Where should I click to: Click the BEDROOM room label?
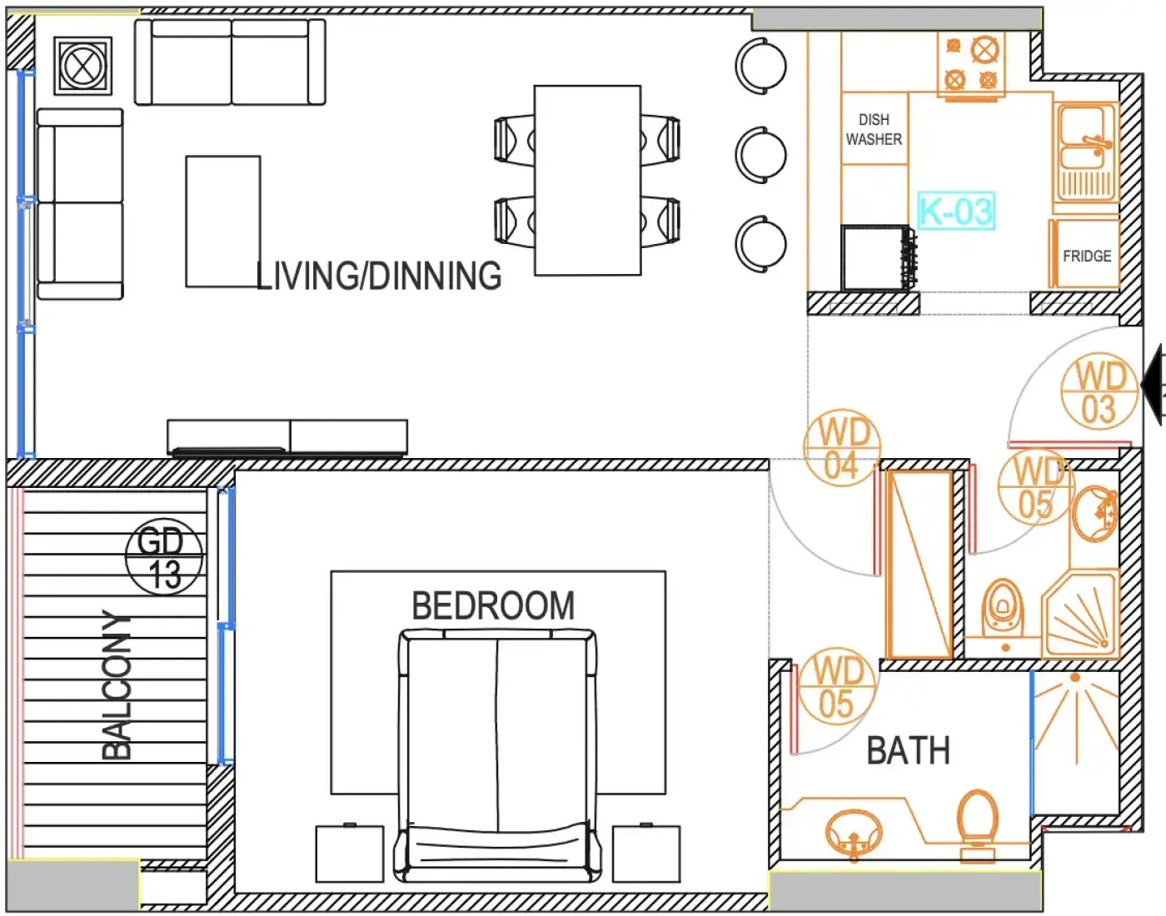pyautogui.click(x=493, y=606)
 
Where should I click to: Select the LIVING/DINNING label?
pyautogui.click(x=379, y=276)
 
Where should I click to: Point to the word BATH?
pyautogui.click(x=908, y=751)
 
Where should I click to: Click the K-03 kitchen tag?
pyautogui.click(x=956, y=211)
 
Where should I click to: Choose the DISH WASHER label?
pyautogui.click(x=874, y=129)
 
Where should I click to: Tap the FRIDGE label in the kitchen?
pyautogui.click(x=1087, y=256)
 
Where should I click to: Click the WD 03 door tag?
pyautogui.click(x=1099, y=392)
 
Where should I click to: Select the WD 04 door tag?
pyautogui.click(x=842, y=448)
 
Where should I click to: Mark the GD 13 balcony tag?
pyautogui.click(x=164, y=557)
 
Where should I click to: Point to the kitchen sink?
pyautogui.click(x=1086, y=152)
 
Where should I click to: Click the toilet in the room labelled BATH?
pyautogui.click(x=978, y=826)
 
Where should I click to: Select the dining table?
pyautogui.click(x=587, y=180)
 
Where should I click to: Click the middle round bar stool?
pyautogui.click(x=761, y=155)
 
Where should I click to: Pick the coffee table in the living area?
pyautogui.click(x=223, y=222)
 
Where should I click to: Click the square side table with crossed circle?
pyautogui.click(x=83, y=66)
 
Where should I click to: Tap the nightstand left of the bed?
pyautogui.click(x=349, y=854)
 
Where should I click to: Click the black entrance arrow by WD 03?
pyautogui.click(x=1154, y=386)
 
